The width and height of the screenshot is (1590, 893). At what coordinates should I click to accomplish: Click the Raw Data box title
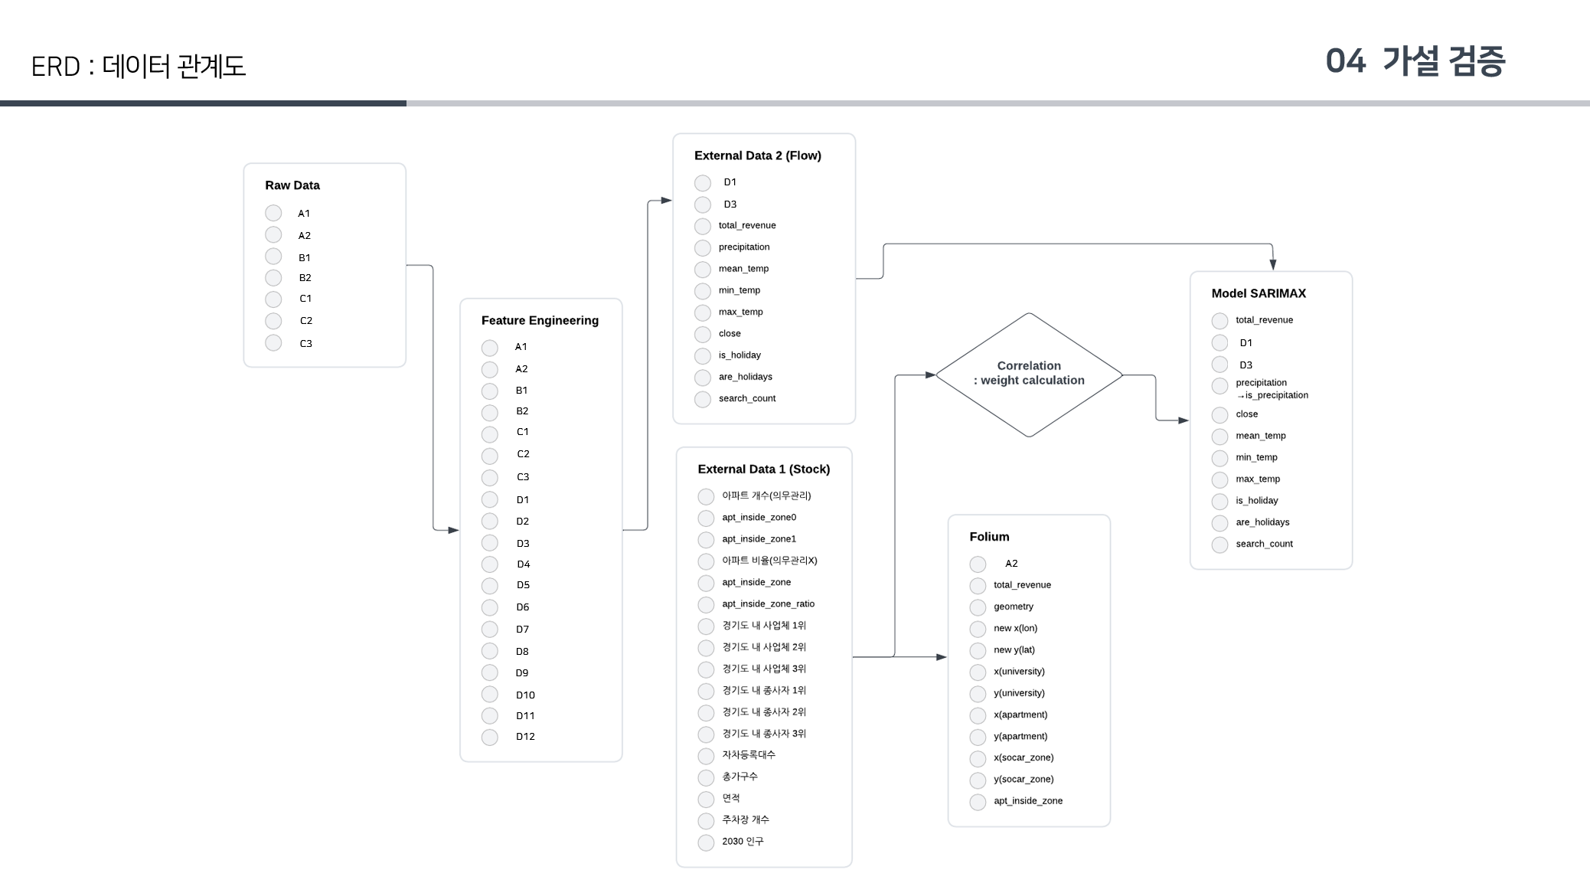(x=292, y=185)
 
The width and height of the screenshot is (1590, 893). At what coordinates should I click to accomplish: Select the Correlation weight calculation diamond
(x=1029, y=374)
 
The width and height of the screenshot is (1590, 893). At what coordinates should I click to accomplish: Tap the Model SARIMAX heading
(x=1259, y=293)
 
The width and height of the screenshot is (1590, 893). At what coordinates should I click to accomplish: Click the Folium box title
(x=989, y=537)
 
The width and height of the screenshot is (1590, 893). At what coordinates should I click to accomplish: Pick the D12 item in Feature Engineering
(x=525, y=737)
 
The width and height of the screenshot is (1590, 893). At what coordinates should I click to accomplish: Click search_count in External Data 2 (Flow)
(x=746, y=398)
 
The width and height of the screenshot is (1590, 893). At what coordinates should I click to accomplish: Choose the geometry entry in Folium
(x=1013, y=607)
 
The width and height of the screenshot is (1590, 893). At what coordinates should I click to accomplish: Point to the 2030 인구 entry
(x=742, y=842)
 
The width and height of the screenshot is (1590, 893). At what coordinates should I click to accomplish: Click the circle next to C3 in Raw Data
(x=273, y=343)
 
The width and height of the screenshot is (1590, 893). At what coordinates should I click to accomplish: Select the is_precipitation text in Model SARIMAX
(x=1275, y=396)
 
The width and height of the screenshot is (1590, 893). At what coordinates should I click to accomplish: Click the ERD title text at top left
(x=138, y=67)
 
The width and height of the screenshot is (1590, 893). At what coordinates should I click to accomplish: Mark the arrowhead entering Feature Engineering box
(x=453, y=530)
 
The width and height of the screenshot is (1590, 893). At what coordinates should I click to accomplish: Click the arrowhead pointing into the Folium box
(x=942, y=657)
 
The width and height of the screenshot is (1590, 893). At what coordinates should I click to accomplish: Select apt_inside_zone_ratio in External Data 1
(x=768, y=604)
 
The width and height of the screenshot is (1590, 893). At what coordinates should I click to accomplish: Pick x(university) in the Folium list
(x=1019, y=672)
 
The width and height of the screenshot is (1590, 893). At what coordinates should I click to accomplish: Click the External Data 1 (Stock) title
(x=763, y=469)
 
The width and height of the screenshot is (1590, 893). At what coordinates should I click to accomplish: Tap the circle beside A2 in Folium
(x=978, y=564)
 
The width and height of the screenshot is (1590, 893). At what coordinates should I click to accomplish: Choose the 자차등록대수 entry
(x=748, y=755)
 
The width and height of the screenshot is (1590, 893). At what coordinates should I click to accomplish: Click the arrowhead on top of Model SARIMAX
(x=1273, y=265)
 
